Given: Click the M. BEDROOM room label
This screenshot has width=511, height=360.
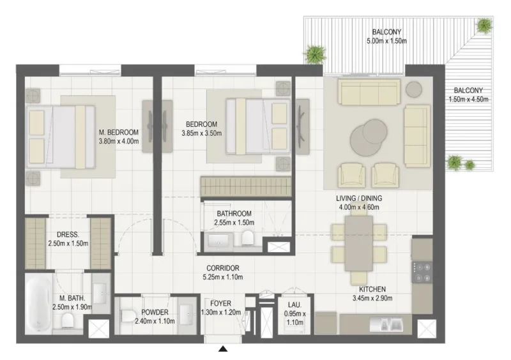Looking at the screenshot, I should point(119,133).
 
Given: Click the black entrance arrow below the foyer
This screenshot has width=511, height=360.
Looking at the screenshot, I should point(223,349).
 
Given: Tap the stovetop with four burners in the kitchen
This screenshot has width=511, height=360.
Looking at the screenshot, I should point(422,272).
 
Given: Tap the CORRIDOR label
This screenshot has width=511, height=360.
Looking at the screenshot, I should point(222,268).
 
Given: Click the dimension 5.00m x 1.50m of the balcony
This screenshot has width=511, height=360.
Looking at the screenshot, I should point(386,41).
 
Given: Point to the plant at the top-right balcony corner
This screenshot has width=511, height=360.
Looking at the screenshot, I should point(485,26).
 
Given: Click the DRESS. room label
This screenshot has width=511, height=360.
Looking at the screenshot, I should point(67,234).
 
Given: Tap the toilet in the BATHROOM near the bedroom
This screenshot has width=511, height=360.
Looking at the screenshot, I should point(247,239).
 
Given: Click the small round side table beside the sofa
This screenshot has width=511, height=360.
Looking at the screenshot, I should point(414,88).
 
